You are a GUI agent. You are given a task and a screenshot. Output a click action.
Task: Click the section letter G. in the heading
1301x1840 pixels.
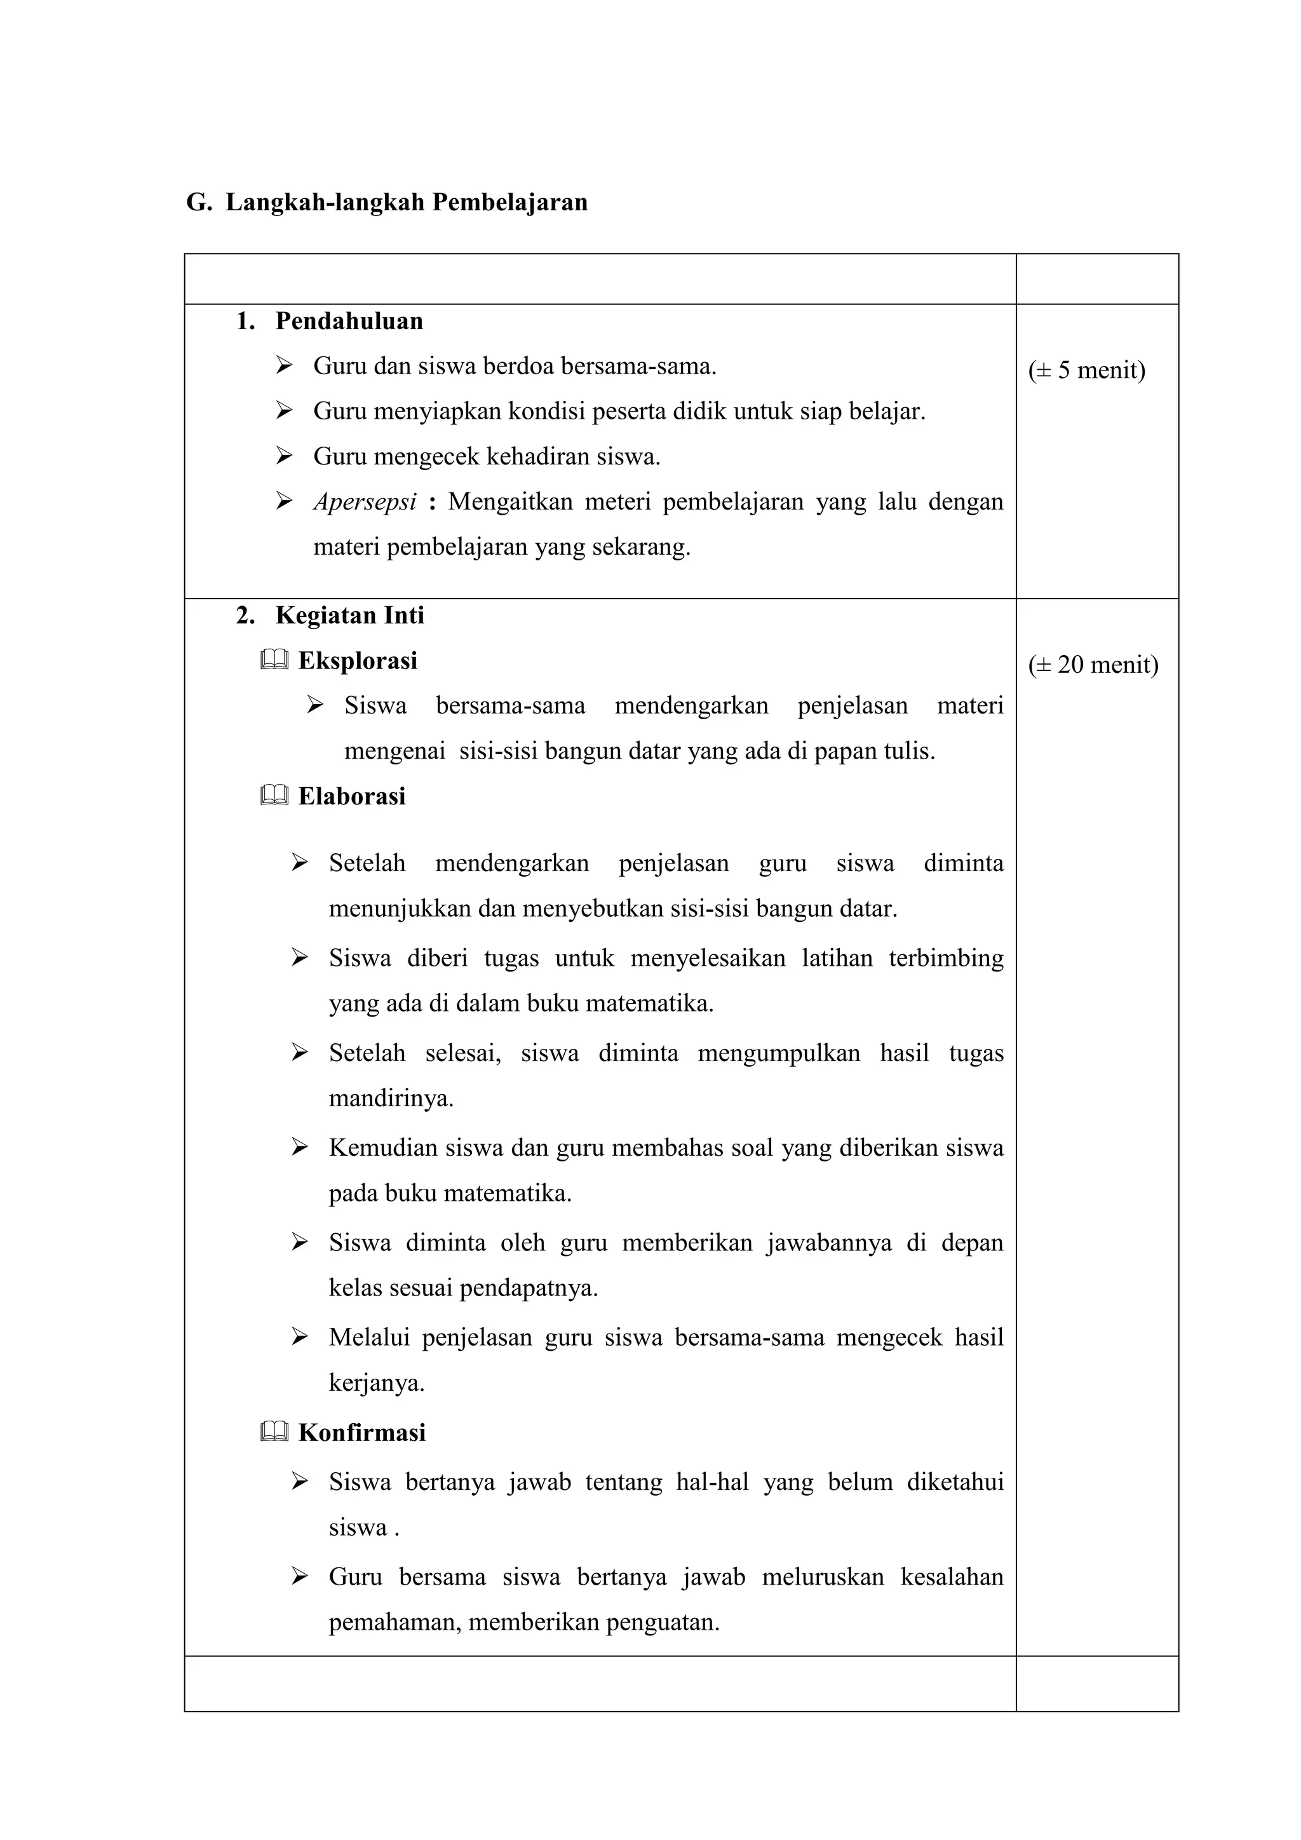[199, 202]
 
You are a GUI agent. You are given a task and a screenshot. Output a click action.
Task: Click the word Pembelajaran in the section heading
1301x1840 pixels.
[509, 202]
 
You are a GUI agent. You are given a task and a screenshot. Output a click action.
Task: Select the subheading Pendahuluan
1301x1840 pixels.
[349, 321]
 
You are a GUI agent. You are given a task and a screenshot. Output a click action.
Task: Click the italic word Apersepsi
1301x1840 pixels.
[365, 502]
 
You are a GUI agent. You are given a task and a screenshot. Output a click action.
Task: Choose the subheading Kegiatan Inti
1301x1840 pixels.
[349, 616]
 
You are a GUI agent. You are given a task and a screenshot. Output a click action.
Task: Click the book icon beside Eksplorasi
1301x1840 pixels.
[274, 660]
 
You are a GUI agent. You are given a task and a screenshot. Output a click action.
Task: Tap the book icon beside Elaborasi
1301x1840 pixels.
[274, 795]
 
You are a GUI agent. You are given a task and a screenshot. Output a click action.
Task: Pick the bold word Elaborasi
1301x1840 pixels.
[352, 795]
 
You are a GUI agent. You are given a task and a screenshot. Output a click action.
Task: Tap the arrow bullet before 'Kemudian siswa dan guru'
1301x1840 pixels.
[300, 1147]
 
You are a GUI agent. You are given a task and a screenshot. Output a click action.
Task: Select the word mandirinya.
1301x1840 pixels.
[391, 1098]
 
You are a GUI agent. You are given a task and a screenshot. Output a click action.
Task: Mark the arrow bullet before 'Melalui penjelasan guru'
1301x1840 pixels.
[300, 1337]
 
